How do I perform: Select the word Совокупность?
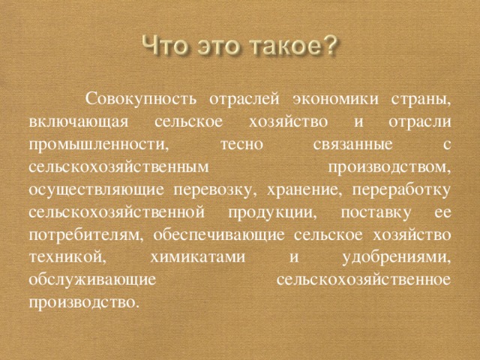(x=141, y=100)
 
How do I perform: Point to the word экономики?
(x=336, y=100)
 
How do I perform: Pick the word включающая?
(x=79, y=122)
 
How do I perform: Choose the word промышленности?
(x=99, y=145)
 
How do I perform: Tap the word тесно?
(x=241, y=145)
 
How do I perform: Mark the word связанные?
(x=352, y=145)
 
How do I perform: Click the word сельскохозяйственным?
(x=119, y=167)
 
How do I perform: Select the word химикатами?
(x=198, y=258)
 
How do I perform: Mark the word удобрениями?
(x=397, y=258)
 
